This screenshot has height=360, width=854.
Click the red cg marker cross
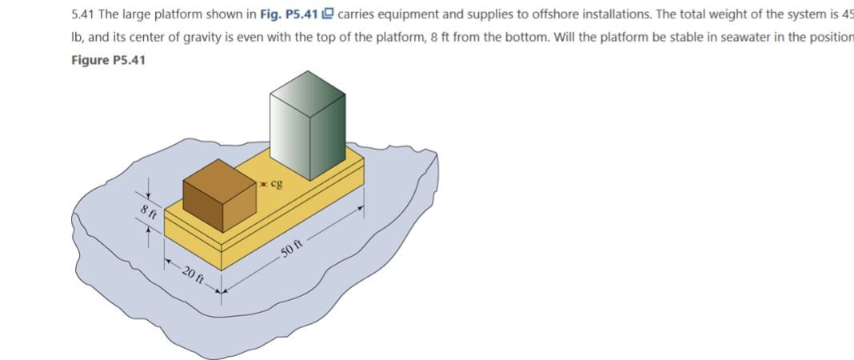point(264,184)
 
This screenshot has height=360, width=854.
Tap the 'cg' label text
point(277,183)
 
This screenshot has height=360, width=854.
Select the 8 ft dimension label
point(147,212)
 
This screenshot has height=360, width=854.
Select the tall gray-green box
point(308,124)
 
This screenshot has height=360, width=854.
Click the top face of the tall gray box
point(309,85)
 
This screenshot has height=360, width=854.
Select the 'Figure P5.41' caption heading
point(108,60)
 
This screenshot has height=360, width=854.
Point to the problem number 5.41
point(83,15)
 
